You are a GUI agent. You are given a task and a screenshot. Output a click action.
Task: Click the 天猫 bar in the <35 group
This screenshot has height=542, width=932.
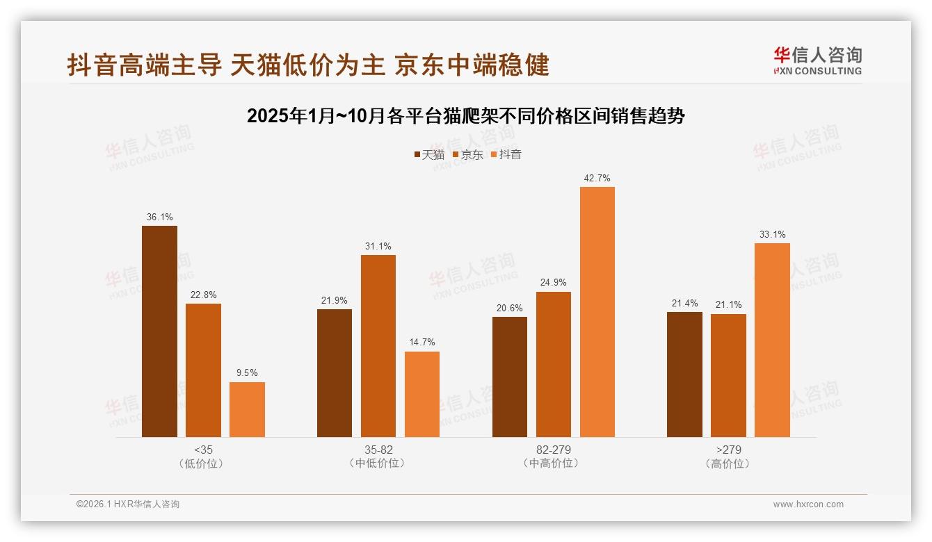159,331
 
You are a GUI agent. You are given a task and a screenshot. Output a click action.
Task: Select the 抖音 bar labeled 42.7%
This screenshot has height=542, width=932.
597,312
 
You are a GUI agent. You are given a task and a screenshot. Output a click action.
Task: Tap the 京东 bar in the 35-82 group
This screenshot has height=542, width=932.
378,346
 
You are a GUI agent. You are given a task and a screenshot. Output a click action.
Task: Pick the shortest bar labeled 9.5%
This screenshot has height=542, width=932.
247,409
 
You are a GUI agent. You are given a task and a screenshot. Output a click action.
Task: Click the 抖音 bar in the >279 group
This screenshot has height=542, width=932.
772,340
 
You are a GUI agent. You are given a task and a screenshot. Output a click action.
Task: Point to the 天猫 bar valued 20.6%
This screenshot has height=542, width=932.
509,377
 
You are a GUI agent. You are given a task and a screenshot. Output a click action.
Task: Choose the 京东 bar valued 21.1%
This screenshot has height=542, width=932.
728,375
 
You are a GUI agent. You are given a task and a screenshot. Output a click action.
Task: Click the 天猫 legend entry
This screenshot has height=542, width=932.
429,154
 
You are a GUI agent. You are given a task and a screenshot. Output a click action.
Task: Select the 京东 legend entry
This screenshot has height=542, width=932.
468,154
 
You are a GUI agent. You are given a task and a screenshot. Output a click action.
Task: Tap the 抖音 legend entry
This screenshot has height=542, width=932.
506,154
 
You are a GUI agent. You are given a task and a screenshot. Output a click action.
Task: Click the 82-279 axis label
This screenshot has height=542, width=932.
554,450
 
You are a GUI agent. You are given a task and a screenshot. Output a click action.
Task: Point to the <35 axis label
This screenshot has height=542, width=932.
203,450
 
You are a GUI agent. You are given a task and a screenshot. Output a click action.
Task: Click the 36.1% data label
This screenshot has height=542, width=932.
159,217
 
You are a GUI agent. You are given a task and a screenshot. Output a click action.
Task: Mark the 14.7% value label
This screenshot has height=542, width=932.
422,343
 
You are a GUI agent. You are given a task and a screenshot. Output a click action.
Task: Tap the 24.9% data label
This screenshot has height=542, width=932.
554,283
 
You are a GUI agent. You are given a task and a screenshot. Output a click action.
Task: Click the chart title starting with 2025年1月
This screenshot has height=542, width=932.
466,116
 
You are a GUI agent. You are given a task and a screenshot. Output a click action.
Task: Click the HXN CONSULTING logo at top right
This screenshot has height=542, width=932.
817,60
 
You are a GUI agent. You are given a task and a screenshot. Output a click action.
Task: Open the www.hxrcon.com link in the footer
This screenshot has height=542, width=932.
808,504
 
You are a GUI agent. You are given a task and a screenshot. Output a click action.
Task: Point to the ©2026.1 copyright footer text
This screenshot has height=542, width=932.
128,504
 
